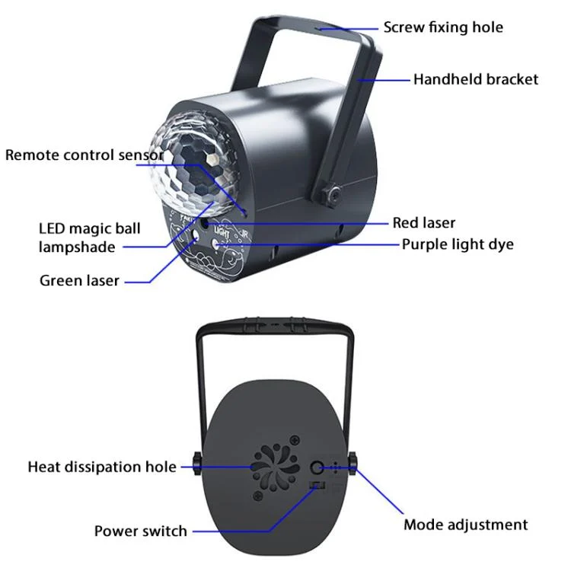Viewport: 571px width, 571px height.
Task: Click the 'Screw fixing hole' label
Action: (x=443, y=27)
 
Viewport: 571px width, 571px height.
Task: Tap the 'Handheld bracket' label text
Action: (x=475, y=79)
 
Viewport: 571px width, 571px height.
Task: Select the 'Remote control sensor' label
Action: (x=84, y=155)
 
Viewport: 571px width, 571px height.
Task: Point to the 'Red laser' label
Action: (x=423, y=223)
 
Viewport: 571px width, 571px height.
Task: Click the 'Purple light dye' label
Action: (x=458, y=244)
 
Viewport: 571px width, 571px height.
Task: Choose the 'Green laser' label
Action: (x=79, y=281)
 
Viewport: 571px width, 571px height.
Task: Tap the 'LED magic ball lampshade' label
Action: (x=77, y=238)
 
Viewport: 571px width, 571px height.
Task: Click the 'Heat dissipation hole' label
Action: (x=102, y=467)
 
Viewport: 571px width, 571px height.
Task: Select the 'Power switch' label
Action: (x=140, y=531)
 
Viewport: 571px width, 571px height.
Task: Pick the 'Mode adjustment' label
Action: (x=465, y=525)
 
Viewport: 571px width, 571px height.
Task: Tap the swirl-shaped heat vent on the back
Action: (x=276, y=468)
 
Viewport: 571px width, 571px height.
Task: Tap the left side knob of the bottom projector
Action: (x=196, y=461)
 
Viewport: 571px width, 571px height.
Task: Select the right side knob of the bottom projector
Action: (x=354, y=461)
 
